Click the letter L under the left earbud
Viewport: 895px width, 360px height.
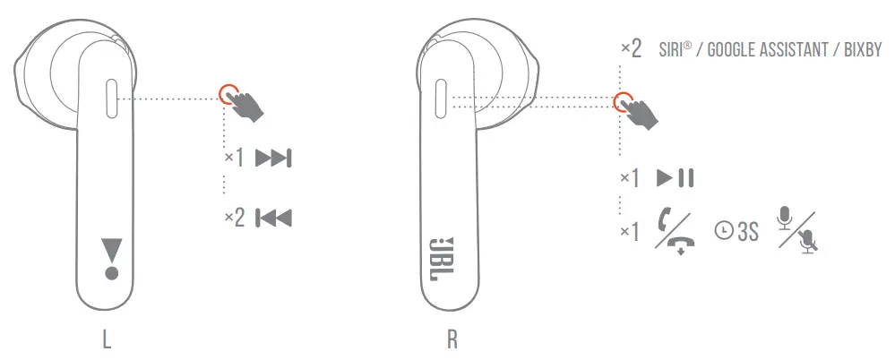tap(108, 340)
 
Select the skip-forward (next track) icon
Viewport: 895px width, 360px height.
tap(273, 159)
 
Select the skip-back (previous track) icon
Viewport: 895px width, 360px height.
tap(273, 218)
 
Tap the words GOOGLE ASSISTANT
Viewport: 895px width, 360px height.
tap(770, 49)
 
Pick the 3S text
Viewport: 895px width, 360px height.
tap(746, 232)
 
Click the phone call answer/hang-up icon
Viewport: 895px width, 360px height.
tap(675, 230)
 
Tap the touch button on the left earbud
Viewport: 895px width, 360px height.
tap(111, 99)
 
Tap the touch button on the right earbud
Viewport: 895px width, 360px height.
tap(440, 99)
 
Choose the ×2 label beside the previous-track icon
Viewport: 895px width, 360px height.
tap(234, 218)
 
